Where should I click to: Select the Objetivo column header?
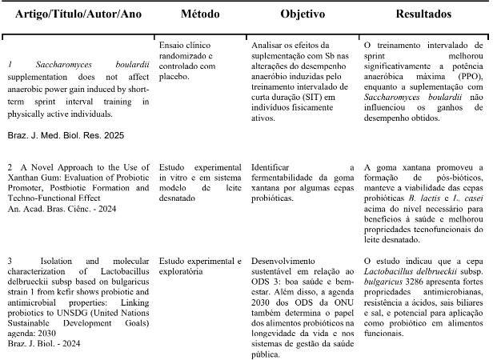click(x=302, y=15)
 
